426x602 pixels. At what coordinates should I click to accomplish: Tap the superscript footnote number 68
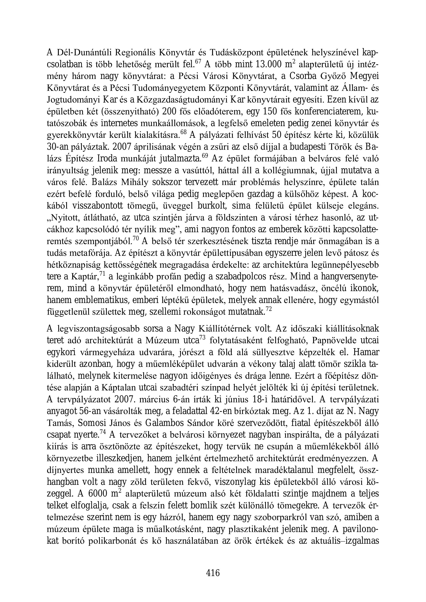[x=184, y=132]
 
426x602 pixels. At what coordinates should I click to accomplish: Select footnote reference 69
[x=206, y=156]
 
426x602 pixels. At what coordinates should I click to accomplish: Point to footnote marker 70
[x=136, y=238]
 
